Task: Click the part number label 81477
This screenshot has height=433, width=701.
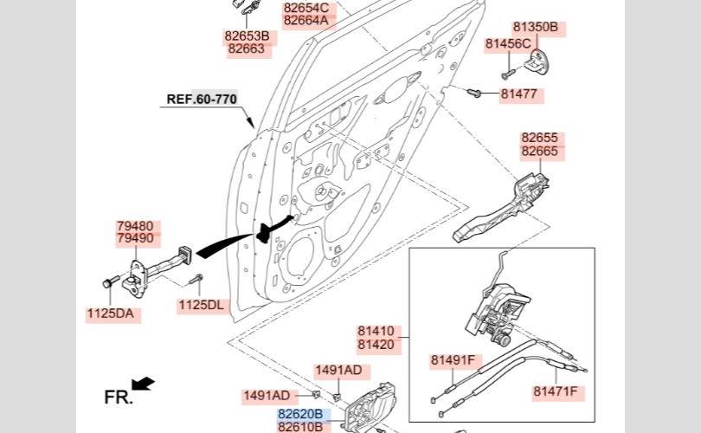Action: tap(518, 94)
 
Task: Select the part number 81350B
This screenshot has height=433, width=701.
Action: tap(535, 27)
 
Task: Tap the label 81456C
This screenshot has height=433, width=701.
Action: tap(508, 44)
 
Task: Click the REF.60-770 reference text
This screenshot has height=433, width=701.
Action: tap(202, 99)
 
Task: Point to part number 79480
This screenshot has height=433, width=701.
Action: tap(135, 226)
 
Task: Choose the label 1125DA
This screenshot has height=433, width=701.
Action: tap(111, 313)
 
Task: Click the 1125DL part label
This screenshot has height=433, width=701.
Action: tap(201, 305)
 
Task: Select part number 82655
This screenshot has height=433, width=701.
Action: tap(540, 138)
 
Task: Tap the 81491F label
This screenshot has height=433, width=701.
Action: tap(453, 360)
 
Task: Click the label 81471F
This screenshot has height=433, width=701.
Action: tap(556, 391)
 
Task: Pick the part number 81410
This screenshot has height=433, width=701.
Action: tap(376, 331)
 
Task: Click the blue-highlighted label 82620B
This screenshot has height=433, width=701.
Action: tap(300, 414)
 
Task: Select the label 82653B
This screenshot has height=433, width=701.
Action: tap(248, 36)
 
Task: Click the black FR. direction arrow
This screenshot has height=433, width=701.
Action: tap(143, 384)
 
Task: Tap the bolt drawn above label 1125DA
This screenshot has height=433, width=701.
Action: tap(111, 281)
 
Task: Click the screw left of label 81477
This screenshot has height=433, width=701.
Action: tap(474, 93)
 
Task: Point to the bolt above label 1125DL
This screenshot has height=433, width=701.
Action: tap(196, 279)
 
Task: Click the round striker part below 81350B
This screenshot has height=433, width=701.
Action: tap(537, 61)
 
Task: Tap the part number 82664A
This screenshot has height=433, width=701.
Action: tap(306, 20)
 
